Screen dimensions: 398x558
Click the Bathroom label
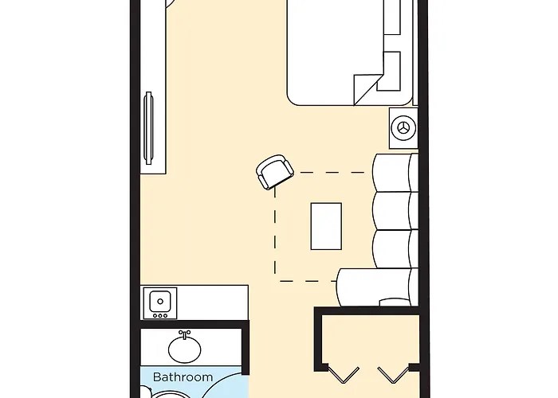coord(183,377)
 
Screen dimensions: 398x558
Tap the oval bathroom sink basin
coord(185,348)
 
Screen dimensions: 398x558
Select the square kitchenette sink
coord(160,301)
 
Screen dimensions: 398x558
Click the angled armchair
coord(274,171)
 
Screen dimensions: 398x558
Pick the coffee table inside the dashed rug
coord(326,225)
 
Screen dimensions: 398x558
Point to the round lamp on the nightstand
coord(403,127)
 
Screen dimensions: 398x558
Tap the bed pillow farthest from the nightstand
coord(392,16)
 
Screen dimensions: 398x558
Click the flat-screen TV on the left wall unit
coord(148,127)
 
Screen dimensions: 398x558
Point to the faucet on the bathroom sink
coord(185,334)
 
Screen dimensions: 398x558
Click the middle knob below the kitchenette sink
coord(159,316)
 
